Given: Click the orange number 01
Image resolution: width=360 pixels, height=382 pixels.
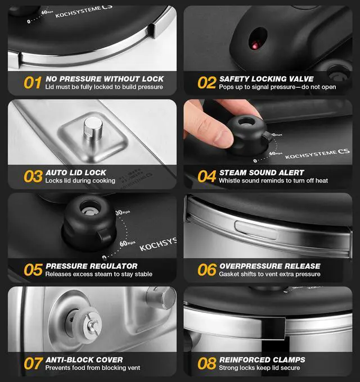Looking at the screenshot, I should pyautogui.click(x=32, y=83).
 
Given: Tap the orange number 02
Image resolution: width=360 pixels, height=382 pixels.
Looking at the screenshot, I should pyautogui.click(x=206, y=83).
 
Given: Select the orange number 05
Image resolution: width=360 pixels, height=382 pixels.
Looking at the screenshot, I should pyautogui.click(x=32, y=270).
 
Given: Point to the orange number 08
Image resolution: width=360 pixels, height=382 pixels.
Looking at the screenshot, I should pyautogui.click(x=206, y=363).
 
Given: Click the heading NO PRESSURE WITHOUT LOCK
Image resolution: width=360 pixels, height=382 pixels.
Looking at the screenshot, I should pyautogui.click(x=105, y=79).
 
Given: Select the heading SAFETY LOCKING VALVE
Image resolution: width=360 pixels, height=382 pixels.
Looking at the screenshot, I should pyautogui.click(x=266, y=79).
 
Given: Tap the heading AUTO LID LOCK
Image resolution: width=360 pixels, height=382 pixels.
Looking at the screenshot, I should pyautogui.click(x=76, y=172).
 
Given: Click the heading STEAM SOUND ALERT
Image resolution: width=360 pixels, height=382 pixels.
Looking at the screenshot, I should pyautogui.click(x=262, y=172).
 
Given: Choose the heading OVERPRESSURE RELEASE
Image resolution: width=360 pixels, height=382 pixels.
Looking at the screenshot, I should pyautogui.click(x=270, y=266).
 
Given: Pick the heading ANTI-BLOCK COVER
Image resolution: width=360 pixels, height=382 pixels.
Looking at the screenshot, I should pyautogui.click(x=84, y=360).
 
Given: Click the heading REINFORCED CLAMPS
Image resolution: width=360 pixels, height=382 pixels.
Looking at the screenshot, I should pyautogui.click(x=263, y=360).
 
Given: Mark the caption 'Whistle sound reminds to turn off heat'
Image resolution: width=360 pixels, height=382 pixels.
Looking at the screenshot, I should pyautogui.click(x=273, y=181).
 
